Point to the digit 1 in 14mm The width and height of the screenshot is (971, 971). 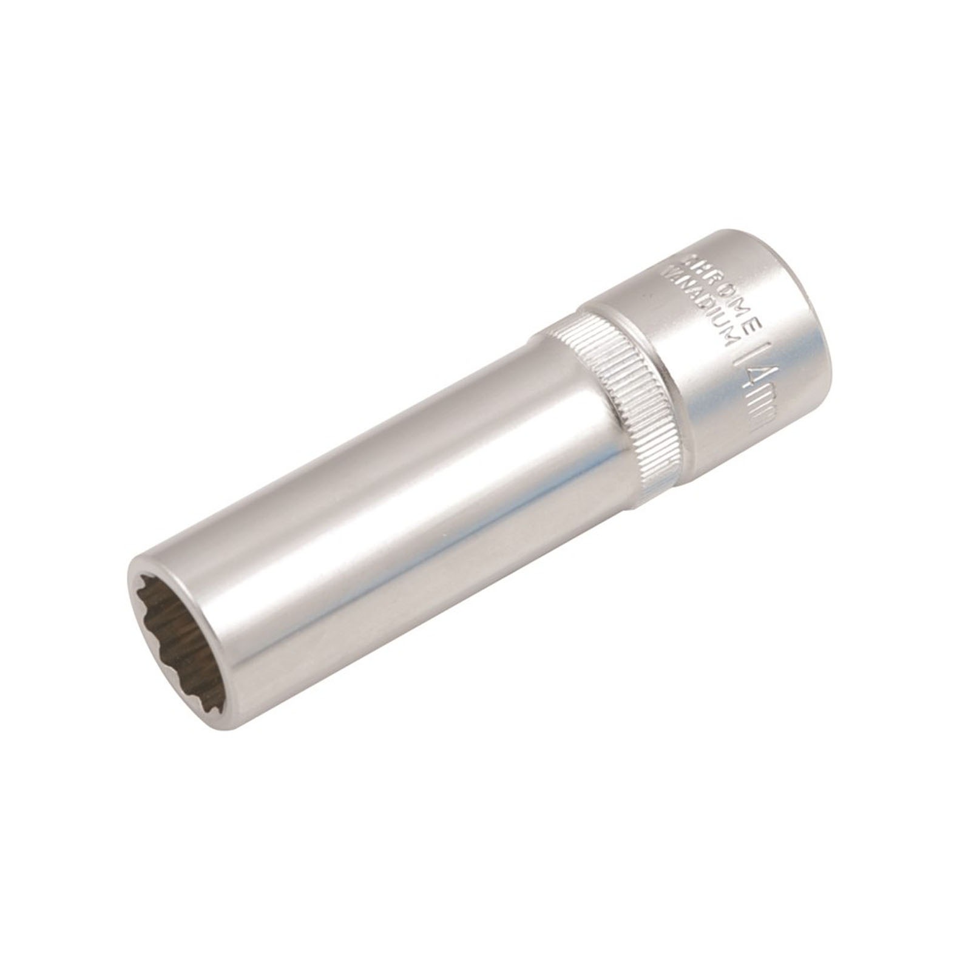tap(741, 364)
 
